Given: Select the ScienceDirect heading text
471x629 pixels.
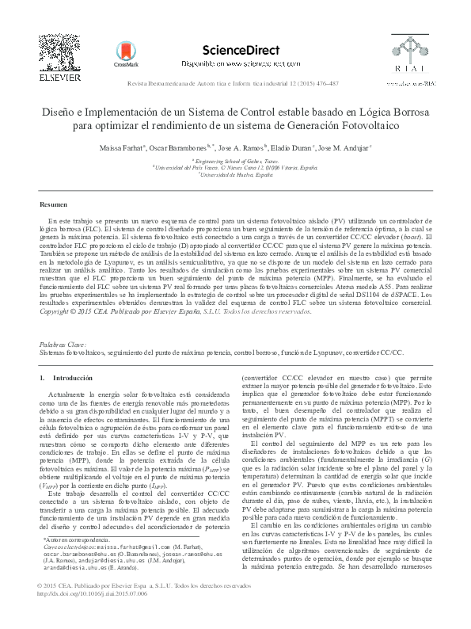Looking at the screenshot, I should click(241, 50).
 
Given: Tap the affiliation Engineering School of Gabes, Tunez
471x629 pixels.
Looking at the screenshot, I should click(235, 160).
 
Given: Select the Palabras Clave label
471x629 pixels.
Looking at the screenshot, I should click(62, 345).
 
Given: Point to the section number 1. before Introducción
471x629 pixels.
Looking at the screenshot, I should click(43, 379).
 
